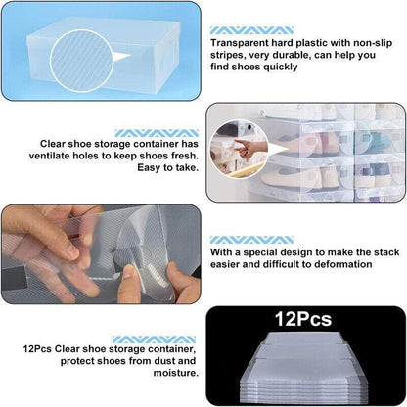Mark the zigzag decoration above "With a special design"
(x=239, y=238)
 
